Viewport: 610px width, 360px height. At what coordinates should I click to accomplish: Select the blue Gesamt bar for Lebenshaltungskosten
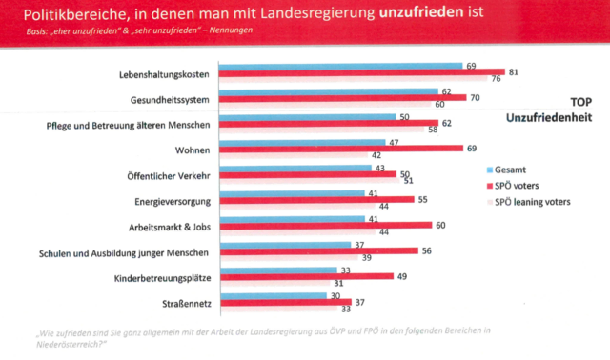point(339,66)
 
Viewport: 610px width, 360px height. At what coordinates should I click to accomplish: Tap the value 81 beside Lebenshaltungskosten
point(513,72)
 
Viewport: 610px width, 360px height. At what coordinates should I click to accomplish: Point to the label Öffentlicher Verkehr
point(161,175)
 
